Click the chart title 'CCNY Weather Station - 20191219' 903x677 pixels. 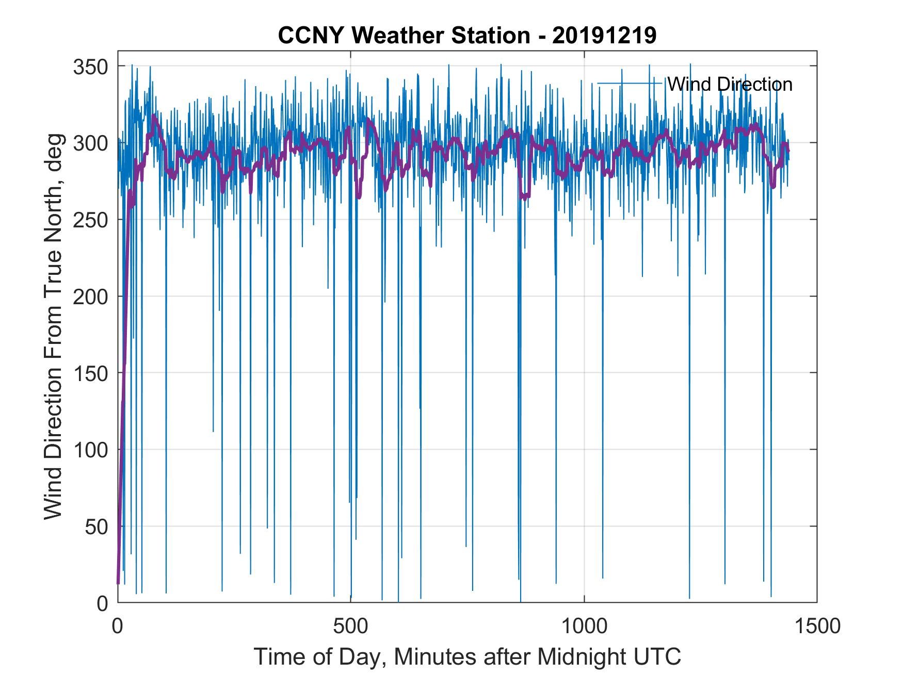467,36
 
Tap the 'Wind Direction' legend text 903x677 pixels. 730,84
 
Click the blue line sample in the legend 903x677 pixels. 630,83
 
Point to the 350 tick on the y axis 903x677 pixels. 90,67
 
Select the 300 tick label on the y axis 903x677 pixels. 90,143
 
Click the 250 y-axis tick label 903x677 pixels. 90,220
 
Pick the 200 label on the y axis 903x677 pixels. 90,296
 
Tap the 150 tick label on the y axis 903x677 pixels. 90,373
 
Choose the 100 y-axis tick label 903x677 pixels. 90,450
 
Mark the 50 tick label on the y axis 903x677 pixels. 95,526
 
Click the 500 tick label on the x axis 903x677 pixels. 351,626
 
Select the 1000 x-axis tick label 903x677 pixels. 585,626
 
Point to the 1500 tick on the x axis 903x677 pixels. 817,626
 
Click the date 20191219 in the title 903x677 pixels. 604,36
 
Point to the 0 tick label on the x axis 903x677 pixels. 118,626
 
